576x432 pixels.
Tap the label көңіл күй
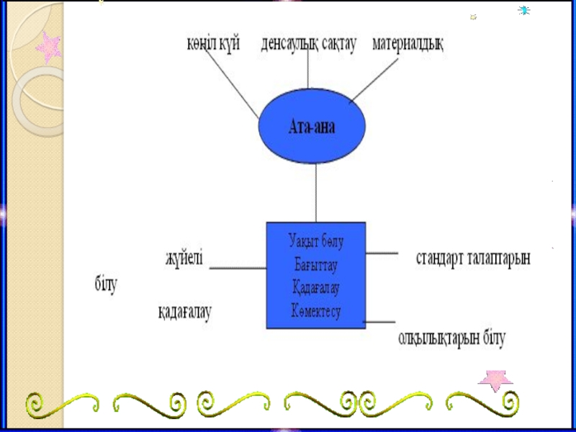[x=210, y=44]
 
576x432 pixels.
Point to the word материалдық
[x=408, y=44]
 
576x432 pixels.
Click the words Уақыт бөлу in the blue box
[x=315, y=240]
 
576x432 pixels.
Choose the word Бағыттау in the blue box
[x=315, y=264]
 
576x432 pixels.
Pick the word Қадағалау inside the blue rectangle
[x=315, y=288]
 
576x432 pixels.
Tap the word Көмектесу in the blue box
[x=315, y=311]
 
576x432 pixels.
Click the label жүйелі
[x=184, y=256]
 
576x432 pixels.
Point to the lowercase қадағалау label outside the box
[x=185, y=313]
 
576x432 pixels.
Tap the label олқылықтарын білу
[x=453, y=336]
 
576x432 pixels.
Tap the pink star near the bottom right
[x=496, y=379]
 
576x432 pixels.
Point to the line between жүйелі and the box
[x=238, y=269]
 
